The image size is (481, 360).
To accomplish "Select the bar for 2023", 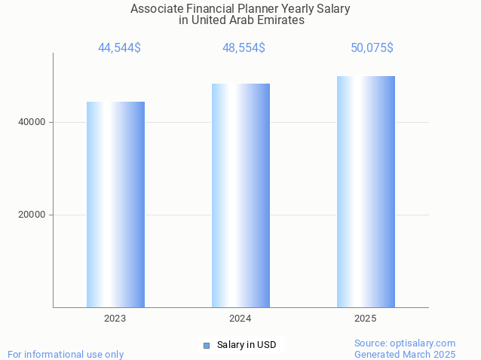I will [115, 204].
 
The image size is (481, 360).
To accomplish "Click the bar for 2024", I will [240, 195].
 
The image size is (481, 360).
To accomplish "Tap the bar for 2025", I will [366, 191].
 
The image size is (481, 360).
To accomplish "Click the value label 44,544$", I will [119, 48].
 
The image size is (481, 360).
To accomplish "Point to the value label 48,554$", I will [244, 48].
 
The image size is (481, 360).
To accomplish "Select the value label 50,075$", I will [372, 48].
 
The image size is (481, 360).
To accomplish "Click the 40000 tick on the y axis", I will [31, 122].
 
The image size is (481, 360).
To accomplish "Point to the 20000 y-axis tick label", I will [31, 215].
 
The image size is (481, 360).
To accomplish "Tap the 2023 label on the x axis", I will [115, 319].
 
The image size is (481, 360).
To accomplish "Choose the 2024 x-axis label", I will [240, 319].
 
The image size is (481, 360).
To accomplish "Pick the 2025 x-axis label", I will [366, 319].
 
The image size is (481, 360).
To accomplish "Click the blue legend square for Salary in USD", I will [206, 346].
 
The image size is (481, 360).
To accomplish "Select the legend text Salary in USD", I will [247, 345].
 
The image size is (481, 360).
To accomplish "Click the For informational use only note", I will [66, 354].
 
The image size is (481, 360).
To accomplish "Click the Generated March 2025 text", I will [405, 354].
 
